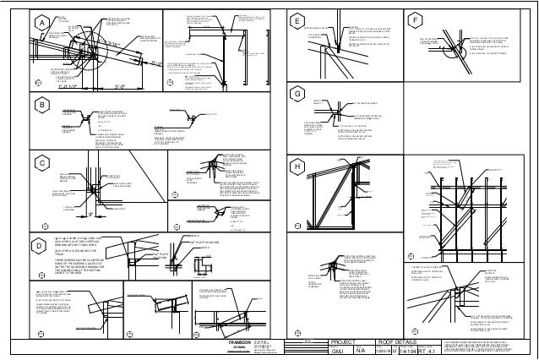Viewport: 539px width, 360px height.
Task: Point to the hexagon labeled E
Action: point(296,19)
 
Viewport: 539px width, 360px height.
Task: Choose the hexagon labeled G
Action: point(296,93)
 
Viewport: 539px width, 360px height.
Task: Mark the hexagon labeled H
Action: point(296,166)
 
